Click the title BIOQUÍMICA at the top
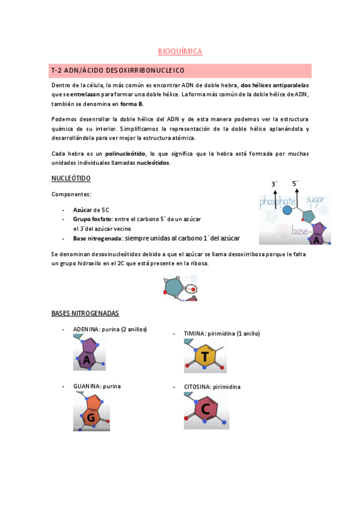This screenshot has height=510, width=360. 180,52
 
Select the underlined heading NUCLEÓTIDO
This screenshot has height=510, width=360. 71,178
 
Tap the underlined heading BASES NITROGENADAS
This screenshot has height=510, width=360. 85,313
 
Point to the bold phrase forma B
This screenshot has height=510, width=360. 132,104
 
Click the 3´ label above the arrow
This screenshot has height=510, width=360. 274,183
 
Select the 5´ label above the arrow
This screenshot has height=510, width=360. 295,183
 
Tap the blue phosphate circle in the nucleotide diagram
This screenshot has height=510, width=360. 287,210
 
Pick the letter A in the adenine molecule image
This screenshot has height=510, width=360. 87,360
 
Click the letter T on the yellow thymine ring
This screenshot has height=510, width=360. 206,357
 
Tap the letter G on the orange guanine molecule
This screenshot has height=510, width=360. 92,417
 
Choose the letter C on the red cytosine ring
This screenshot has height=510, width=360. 205,410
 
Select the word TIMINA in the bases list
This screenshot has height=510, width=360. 195,333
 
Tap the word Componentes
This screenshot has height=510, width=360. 71,194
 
